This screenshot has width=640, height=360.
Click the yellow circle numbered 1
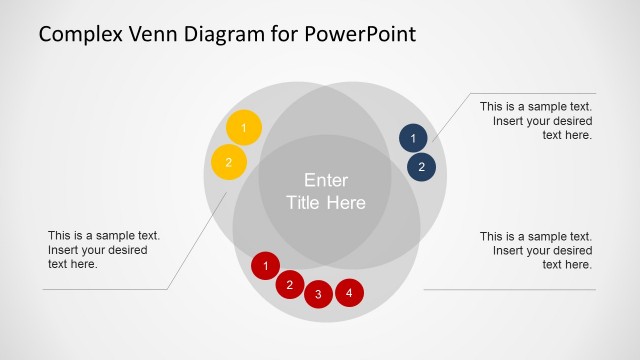[243, 128]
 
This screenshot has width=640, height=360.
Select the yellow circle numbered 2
[228, 162]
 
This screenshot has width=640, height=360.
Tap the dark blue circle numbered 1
[414, 138]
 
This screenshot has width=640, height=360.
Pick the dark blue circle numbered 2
[422, 167]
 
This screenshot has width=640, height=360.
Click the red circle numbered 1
[265, 266]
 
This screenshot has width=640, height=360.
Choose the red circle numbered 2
[289, 285]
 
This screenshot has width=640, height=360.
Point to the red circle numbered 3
[318, 294]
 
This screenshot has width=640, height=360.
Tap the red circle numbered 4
[349, 293]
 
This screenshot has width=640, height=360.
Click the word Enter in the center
[326, 181]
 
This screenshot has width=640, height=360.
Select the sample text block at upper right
[536, 121]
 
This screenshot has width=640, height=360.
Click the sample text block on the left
[104, 250]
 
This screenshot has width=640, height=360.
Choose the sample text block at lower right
[536, 250]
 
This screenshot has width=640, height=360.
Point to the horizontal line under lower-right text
[510, 290]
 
